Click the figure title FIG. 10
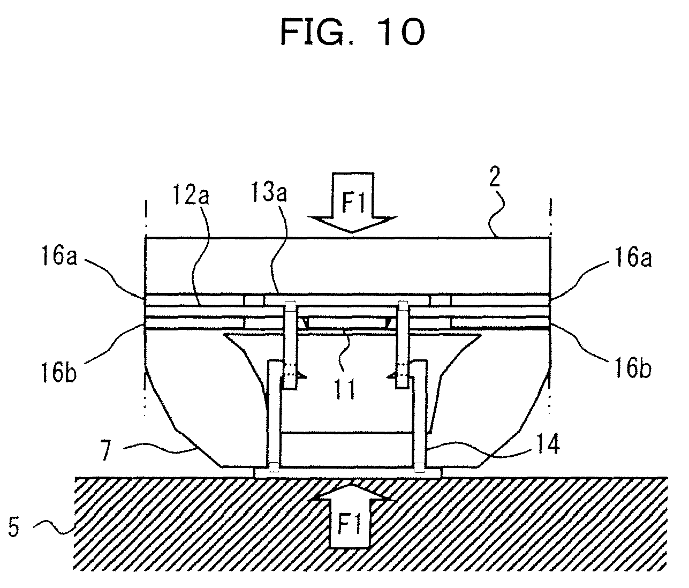(x=352, y=32)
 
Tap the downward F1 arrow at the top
(x=352, y=202)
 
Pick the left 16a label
(x=59, y=255)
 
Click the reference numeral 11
(x=345, y=389)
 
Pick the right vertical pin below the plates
(x=403, y=344)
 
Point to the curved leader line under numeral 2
(x=498, y=214)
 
